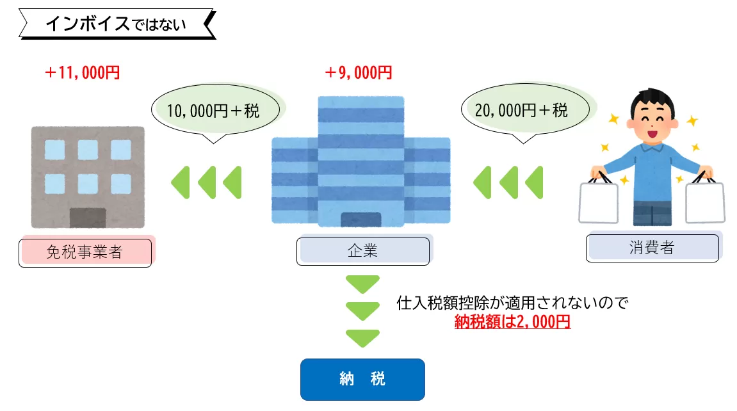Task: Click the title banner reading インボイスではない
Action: [x=115, y=24]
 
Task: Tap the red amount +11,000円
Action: [x=83, y=73]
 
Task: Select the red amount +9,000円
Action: [x=358, y=73]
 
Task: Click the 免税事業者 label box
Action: [x=85, y=252]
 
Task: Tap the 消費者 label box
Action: [x=652, y=248]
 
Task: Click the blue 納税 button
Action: [x=362, y=379]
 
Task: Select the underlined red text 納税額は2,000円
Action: [x=512, y=322]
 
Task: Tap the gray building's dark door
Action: [x=88, y=218]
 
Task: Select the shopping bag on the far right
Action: [x=705, y=202]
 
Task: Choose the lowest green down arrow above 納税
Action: [x=362, y=338]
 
